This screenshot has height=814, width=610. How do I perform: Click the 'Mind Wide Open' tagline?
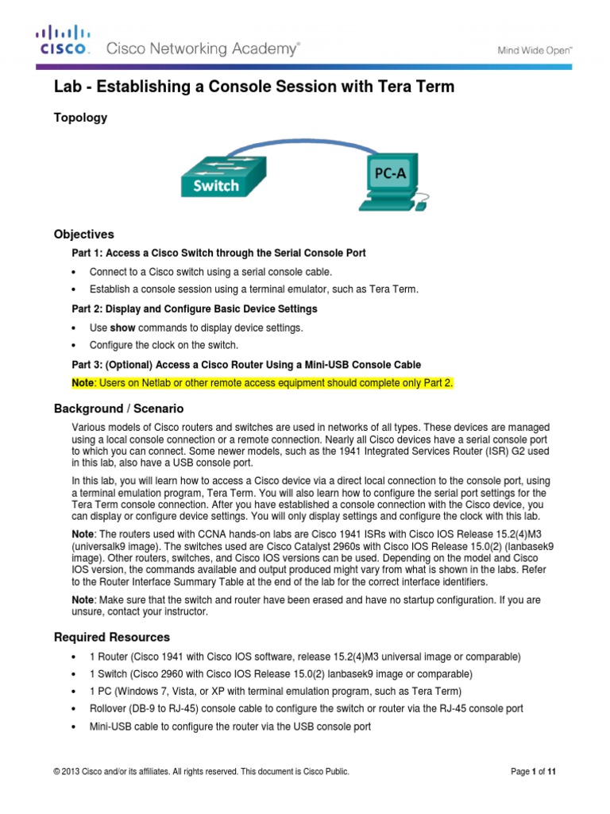(x=535, y=49)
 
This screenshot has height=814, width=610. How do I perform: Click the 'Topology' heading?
(x=80, y=118)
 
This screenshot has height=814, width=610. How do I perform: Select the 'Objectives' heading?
(x=83, y=235)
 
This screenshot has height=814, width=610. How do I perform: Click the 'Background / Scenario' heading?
(x=118, y=409)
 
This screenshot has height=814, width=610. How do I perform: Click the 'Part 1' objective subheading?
(x=219, y=254)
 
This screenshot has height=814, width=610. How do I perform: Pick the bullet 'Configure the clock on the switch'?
(x=164, y=345)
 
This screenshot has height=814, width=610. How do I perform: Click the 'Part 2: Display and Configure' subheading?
(x=195, y=308)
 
